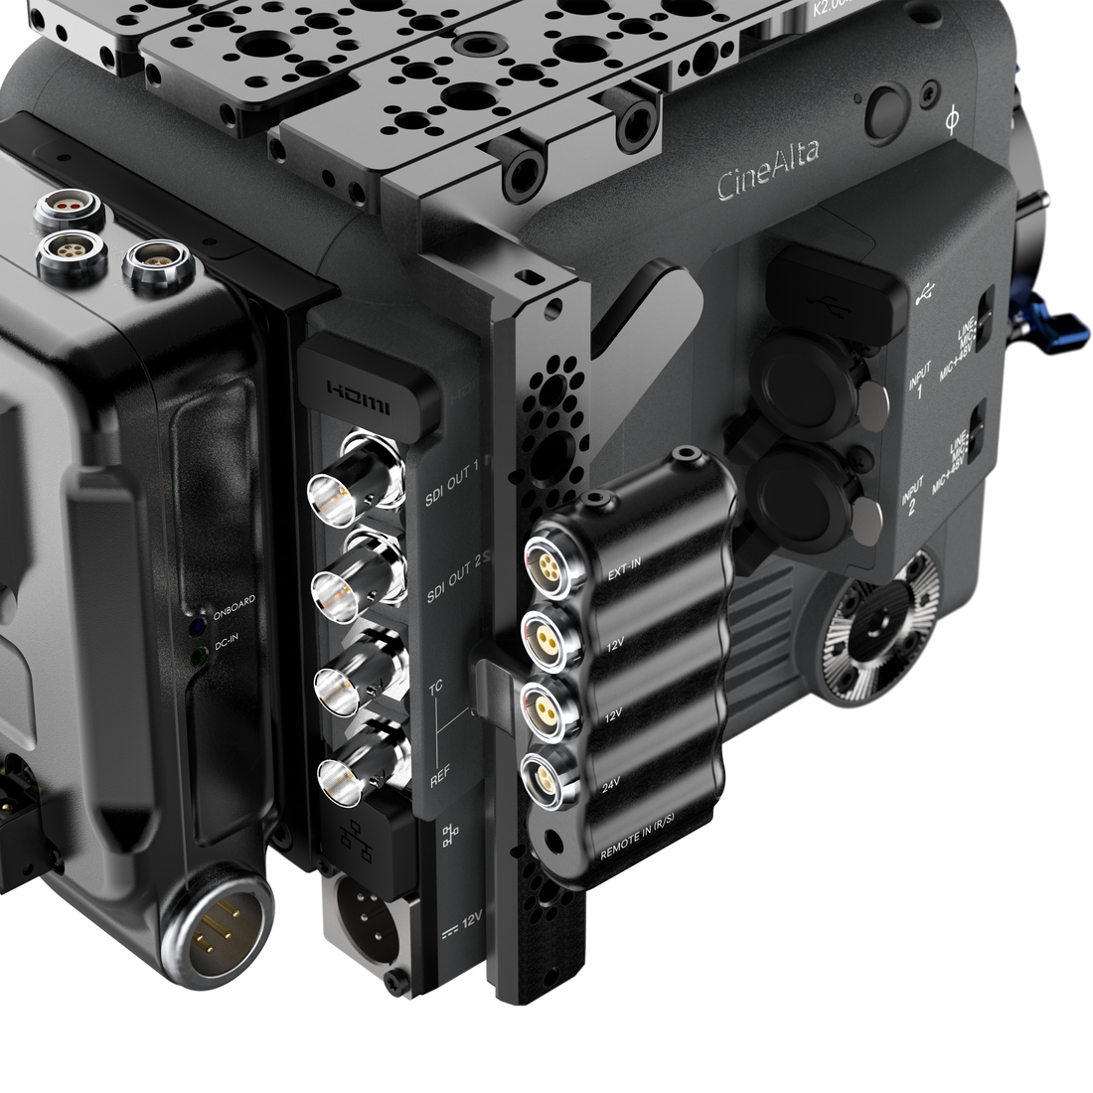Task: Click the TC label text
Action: point(434,688)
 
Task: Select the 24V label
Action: point(613,786)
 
